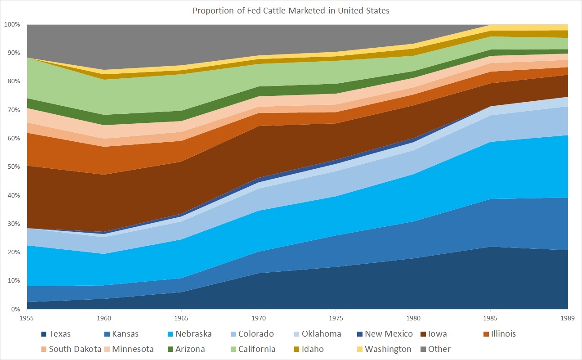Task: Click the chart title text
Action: point(291,11)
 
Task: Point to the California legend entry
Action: point(257,349)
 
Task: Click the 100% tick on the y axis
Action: point(12,24)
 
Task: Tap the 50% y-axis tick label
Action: point(13,167)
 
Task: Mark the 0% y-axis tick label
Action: point(16,309)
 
